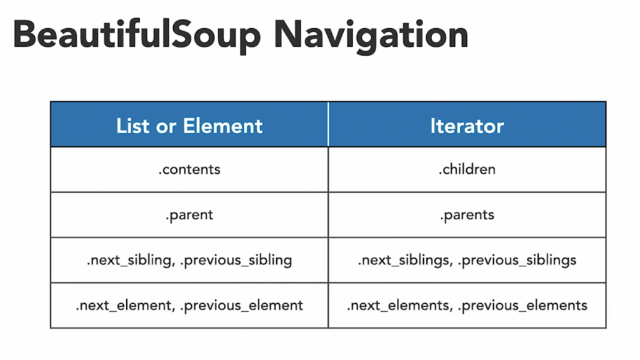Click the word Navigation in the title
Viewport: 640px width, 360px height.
pyautogui.click(x=371, y=36)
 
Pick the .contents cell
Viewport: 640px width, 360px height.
pyautogui.click(x=189, y=169)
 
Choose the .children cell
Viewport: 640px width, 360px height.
pyautogui.click(x=467, y=169)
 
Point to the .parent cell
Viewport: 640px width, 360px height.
pyautogui.click(x=189, y=215)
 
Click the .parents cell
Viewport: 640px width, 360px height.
pyautogui.click(x=467, y=215)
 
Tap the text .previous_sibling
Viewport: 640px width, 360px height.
pyautogui.click(x=236, y=261)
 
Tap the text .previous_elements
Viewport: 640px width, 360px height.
pyautogui.click(x=522, y=305)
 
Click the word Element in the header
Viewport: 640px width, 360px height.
pyautogui.click(x=223, y=126)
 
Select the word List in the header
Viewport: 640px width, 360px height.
pyautogui.click(x=133, y=126)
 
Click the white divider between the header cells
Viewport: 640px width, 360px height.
pyautogui.click(x=328, y=124)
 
